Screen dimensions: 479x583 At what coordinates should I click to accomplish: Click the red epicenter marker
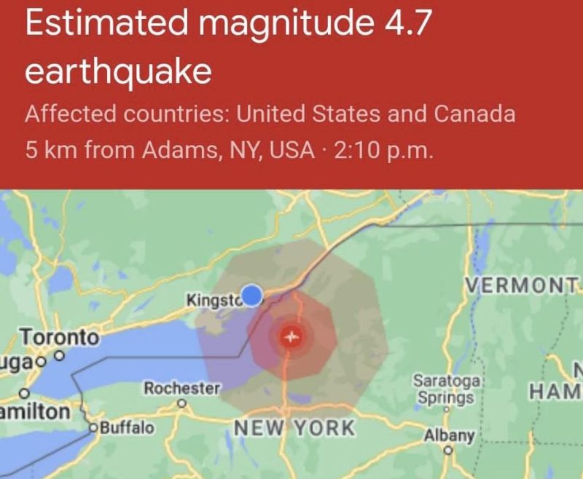tap(292, 337)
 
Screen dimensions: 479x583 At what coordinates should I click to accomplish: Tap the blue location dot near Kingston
tap(251, 295)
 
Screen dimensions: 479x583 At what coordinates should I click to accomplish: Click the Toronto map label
tap(58, 338)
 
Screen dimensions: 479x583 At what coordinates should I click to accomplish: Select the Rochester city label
tap(181, 389)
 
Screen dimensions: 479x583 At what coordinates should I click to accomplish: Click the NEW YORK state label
tap(294, 428)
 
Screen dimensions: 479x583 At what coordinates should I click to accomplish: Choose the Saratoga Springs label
tap(444, 389)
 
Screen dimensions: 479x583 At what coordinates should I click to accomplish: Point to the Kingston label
tap(214, 299)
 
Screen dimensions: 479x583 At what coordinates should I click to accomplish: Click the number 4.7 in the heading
tap(404, 26)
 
